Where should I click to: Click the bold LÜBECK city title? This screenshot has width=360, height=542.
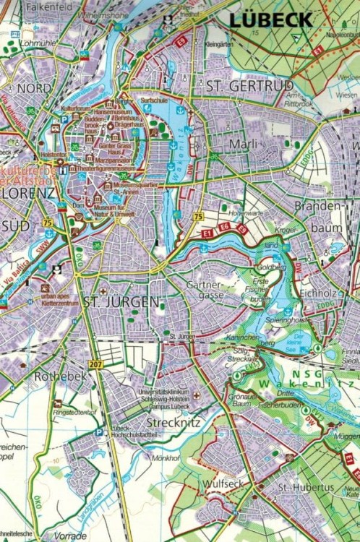click(271, 20)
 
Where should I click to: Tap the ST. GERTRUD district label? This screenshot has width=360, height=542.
click(244, 86)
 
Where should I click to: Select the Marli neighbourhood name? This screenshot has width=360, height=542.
click(243, 145)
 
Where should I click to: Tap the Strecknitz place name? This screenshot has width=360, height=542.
click(173, 422)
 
